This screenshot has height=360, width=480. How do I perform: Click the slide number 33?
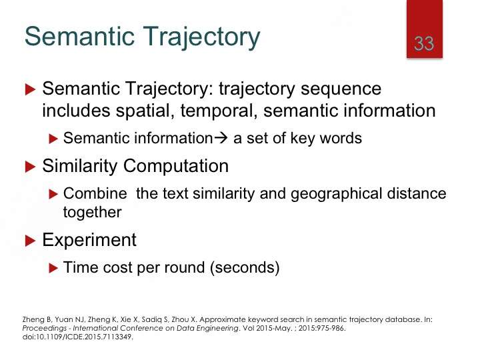424,44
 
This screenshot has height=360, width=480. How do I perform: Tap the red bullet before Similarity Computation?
30,167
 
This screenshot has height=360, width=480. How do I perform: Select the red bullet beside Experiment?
30,241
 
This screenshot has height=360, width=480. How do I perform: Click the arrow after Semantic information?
221,138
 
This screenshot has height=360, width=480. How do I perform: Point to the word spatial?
143,111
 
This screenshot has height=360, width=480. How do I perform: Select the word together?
93,213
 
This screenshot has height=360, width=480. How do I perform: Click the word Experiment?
89,241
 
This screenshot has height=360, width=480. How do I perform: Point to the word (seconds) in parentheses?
245,267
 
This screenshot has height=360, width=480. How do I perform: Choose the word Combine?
95,193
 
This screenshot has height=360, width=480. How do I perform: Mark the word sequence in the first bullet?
341,89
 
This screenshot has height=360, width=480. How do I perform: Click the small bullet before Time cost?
53,268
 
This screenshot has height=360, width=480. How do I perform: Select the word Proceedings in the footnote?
45,328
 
